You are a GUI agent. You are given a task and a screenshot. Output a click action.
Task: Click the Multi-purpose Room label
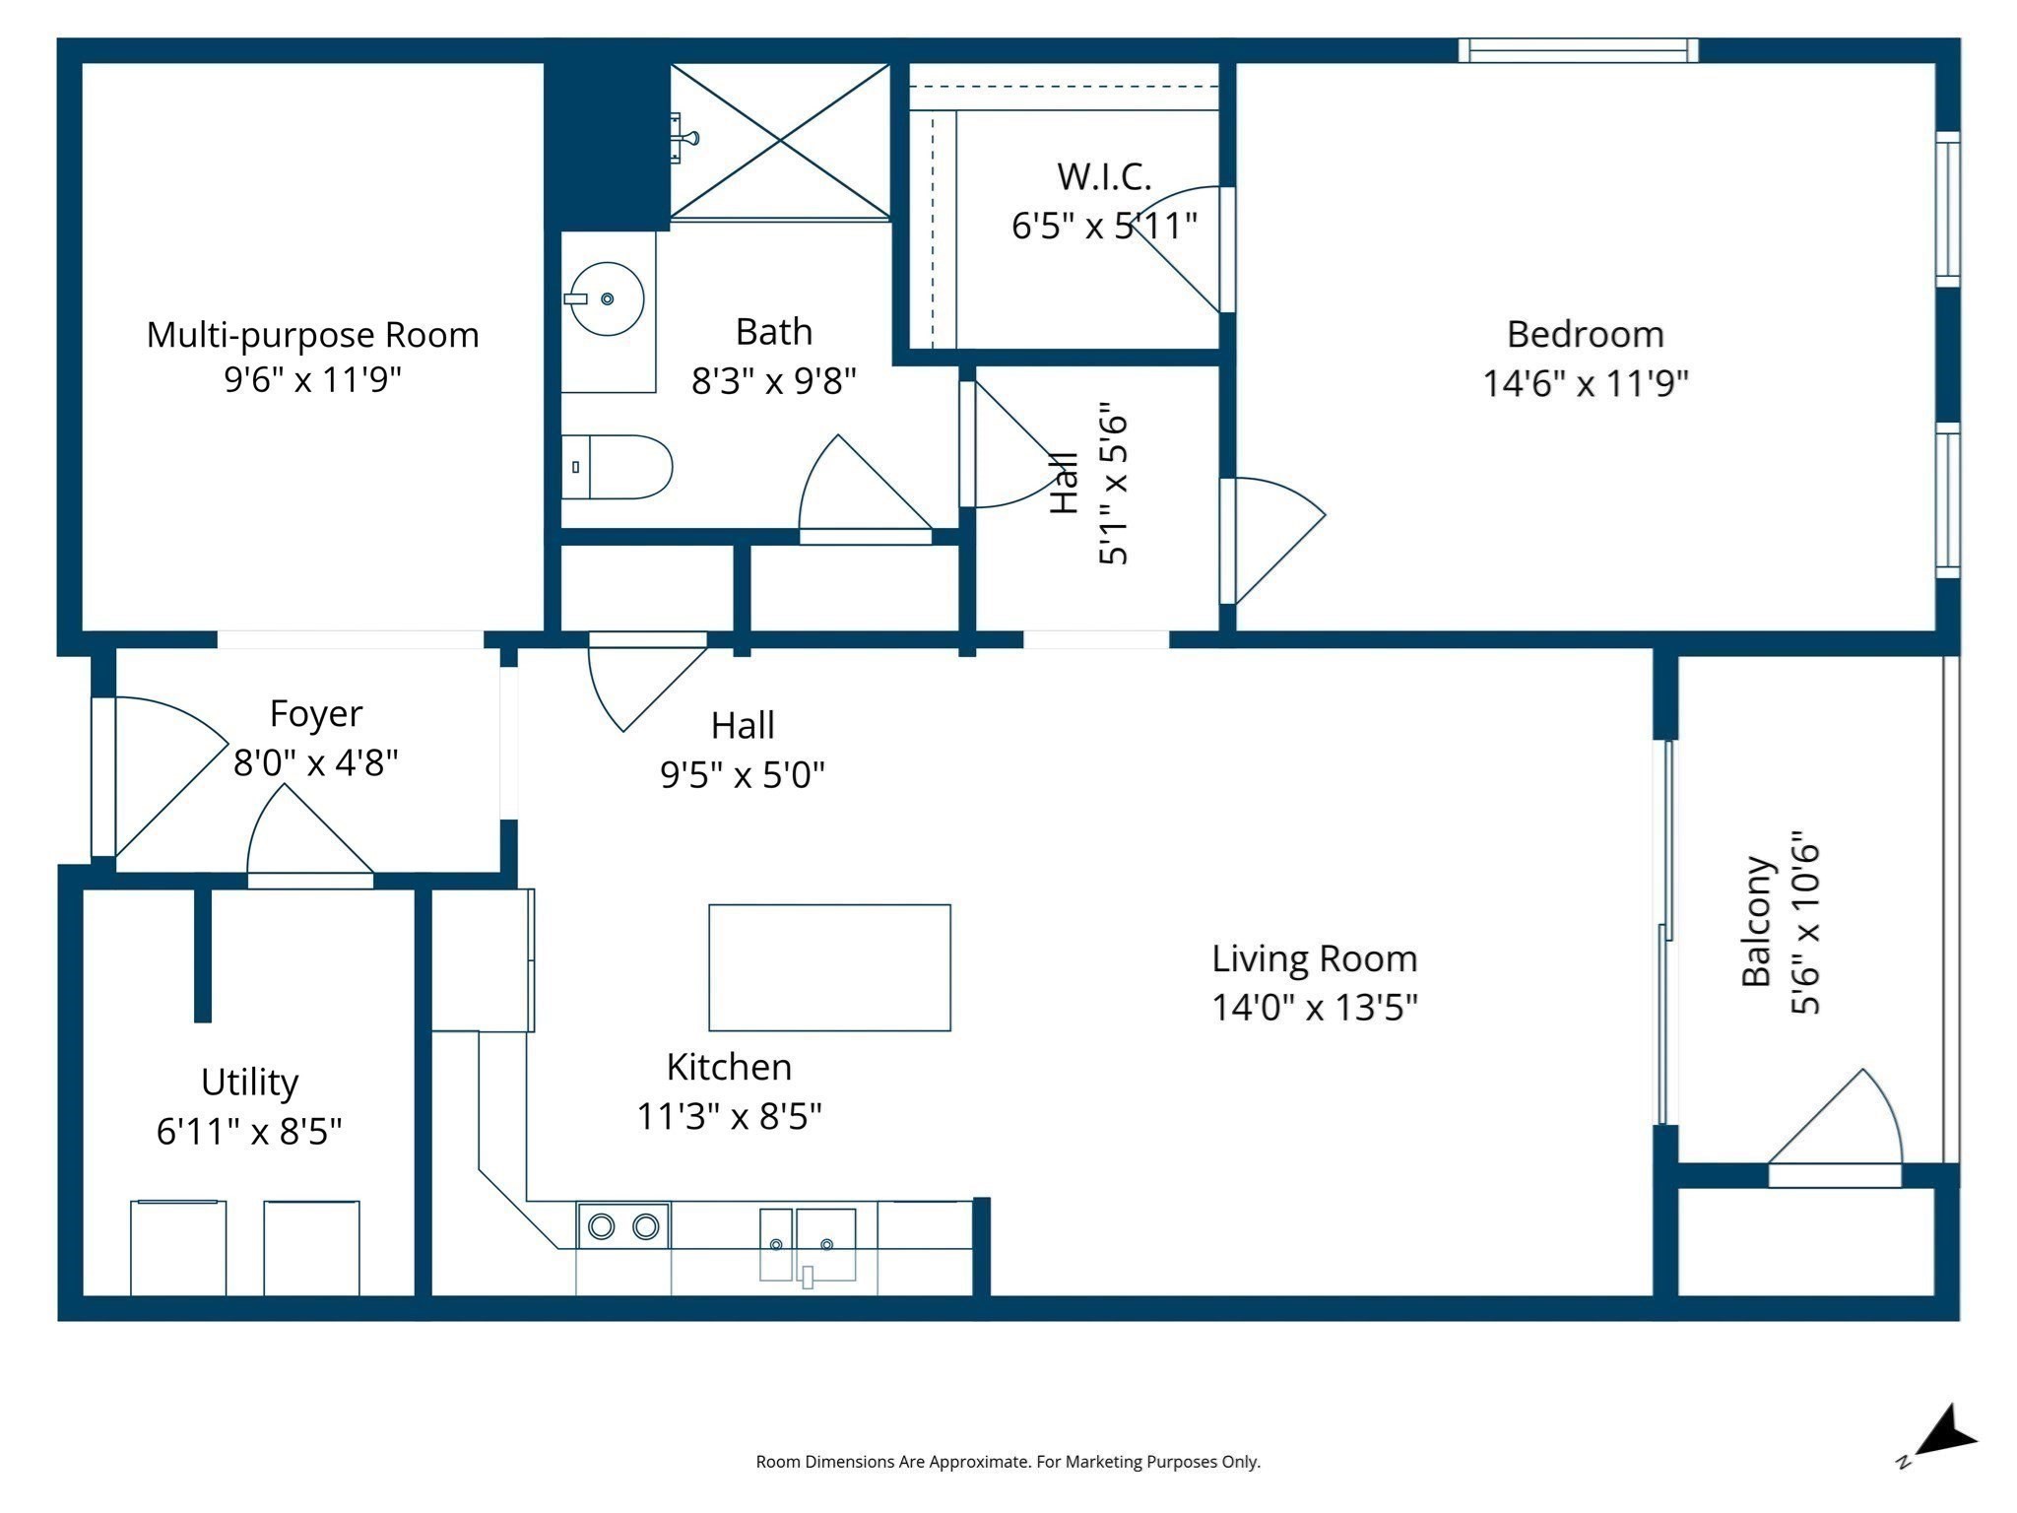[x=312, y=335]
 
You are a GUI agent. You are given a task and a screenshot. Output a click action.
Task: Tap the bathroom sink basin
[x=607, y=298]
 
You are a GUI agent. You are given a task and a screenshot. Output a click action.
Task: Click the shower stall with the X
[x=780, y=141]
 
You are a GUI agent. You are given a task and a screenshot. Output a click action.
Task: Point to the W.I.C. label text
[x=1103, y=177]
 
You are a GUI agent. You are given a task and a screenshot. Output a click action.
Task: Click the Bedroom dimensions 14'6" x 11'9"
[x=1585, y=383]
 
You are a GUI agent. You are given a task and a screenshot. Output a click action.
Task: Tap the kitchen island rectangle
[x=829, y=967]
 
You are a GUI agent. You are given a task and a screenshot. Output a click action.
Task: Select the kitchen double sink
[x=808, y=1245]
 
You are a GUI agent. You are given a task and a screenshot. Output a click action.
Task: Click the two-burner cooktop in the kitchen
[x=623, y=1226]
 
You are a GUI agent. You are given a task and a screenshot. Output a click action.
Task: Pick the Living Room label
[x=1314, y=958]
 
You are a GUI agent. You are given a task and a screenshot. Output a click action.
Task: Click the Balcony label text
[x=1757, y=921]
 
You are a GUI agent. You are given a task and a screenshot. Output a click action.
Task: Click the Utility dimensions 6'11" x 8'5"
[x=249, y=1132]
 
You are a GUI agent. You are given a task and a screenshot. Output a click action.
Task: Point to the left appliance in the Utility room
[x=178, y=1248]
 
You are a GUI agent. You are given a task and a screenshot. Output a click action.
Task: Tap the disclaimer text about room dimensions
[x=1008, y=1462]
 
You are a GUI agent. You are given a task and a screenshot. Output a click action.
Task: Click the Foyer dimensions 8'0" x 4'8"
[x=315, y=762]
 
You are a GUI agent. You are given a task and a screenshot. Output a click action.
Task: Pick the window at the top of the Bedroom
[x=1578, y=50]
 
